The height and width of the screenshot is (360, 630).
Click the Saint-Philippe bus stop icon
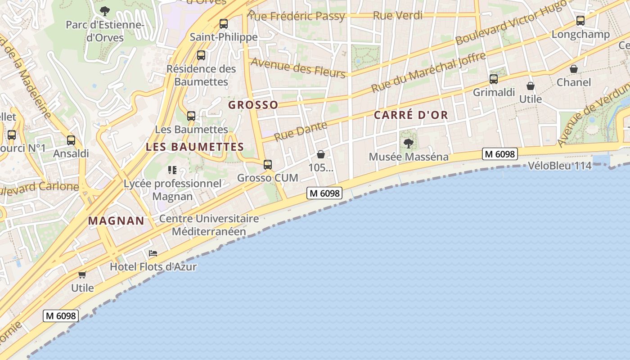224,24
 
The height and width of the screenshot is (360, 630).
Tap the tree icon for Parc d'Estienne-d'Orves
104,11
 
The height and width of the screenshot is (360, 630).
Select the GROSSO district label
253,105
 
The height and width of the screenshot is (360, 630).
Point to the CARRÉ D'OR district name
411,115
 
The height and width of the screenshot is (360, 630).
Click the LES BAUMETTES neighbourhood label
195,147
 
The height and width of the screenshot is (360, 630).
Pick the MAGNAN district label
116,221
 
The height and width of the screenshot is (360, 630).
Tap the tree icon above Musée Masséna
409,144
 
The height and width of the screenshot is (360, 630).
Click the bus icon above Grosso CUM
268,165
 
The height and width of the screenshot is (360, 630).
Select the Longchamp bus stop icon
580,21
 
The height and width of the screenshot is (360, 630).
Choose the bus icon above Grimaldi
494,79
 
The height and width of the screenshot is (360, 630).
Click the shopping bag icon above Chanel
574,69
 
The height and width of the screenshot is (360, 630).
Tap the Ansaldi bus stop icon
71,140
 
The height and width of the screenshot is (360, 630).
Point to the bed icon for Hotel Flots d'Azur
153,253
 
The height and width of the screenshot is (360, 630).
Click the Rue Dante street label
301,130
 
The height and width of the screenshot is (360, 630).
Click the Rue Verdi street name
398,16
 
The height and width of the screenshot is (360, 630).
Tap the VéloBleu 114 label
560,166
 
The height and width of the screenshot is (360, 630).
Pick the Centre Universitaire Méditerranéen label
209,225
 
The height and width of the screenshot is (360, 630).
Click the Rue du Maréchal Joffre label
428,72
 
